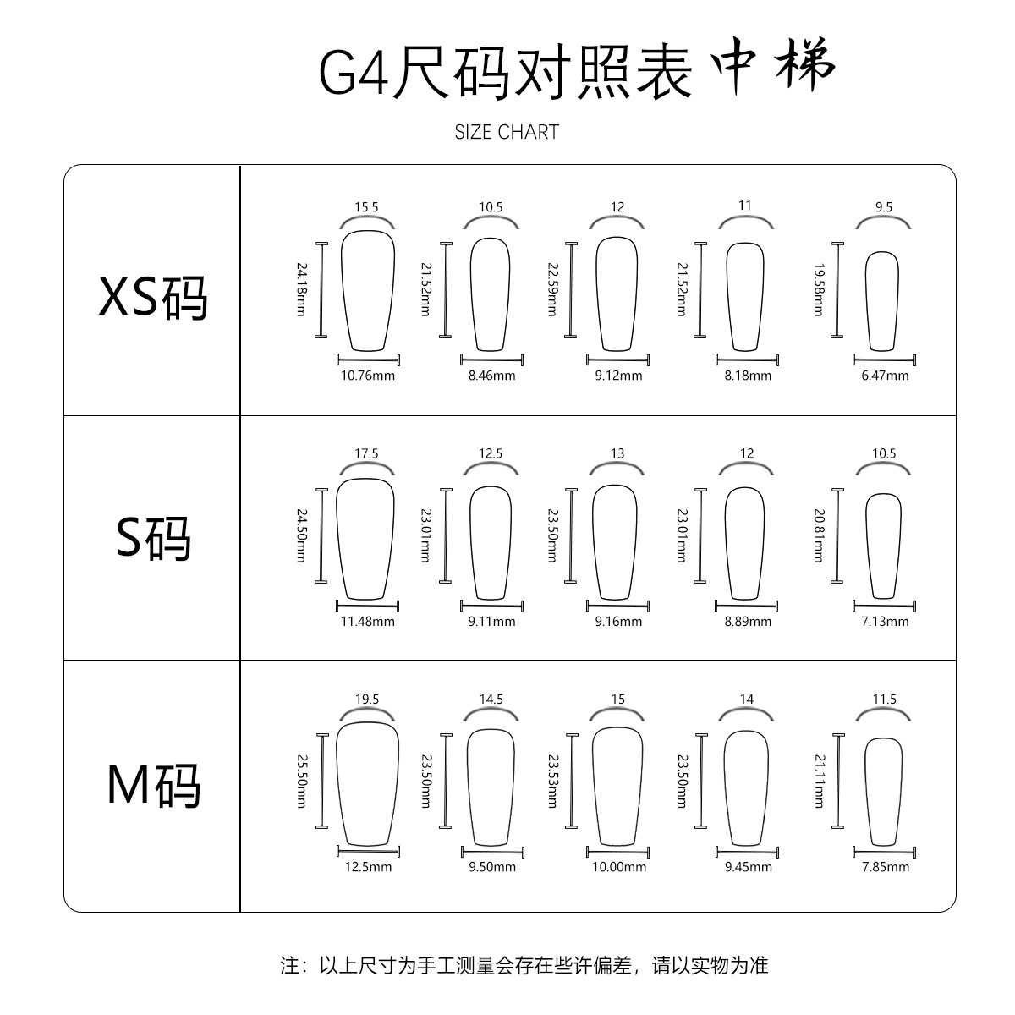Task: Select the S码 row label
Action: tap(153, 537)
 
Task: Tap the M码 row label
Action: tap(153, 784)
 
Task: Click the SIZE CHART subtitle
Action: tap(507, 132)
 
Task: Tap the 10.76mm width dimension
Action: tap(368, 376)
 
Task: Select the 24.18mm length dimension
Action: tap(301, 289)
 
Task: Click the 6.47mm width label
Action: tap(885, 376)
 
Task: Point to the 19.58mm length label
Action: tap(819, 289)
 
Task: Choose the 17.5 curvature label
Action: tap(366, 453)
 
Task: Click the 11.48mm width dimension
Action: tap(368, 622)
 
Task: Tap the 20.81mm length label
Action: tap(819, 535)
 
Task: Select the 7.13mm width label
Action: tap(885, 622)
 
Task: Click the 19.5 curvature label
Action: tap(367, 700)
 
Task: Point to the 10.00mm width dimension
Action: tap(619, 867)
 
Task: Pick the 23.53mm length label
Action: tap(552, 781)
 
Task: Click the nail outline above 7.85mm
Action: tap(884, 791)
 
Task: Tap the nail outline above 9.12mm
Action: tap(617, 293)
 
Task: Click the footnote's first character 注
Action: tap(289, 965)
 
